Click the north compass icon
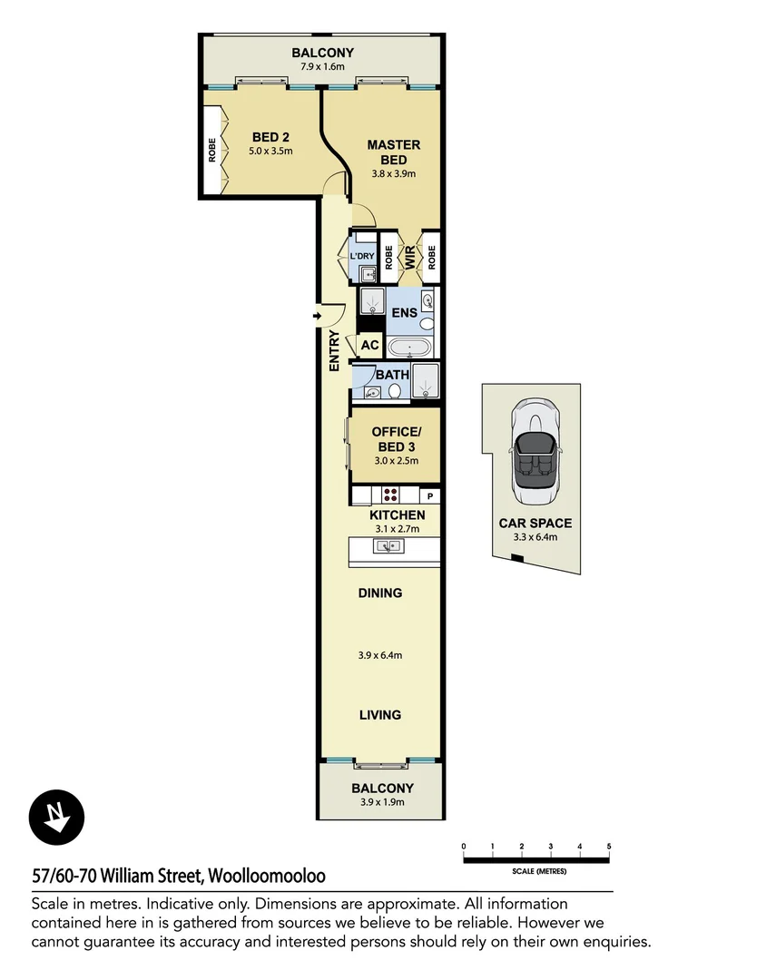tap(56, 816)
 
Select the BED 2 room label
tap(270, 138)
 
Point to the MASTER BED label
tap(393, 152)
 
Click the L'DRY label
tap(362, 256)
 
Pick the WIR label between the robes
tap(409, 257)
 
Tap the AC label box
tap(369, 345)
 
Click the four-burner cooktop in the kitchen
tap(390, 495)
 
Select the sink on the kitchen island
tap(388, 546)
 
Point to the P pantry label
tap(430, 496)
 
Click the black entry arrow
tap(317, 316)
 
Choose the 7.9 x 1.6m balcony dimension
tap(323, 66)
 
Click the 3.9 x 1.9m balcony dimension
tap(382, 802)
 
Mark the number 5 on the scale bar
tap(608, 846)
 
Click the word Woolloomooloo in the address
tap(267, 876)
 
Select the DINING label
tap(379, 593)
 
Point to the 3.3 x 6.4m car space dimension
tap(535, 537)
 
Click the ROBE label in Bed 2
tap(212, 150)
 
